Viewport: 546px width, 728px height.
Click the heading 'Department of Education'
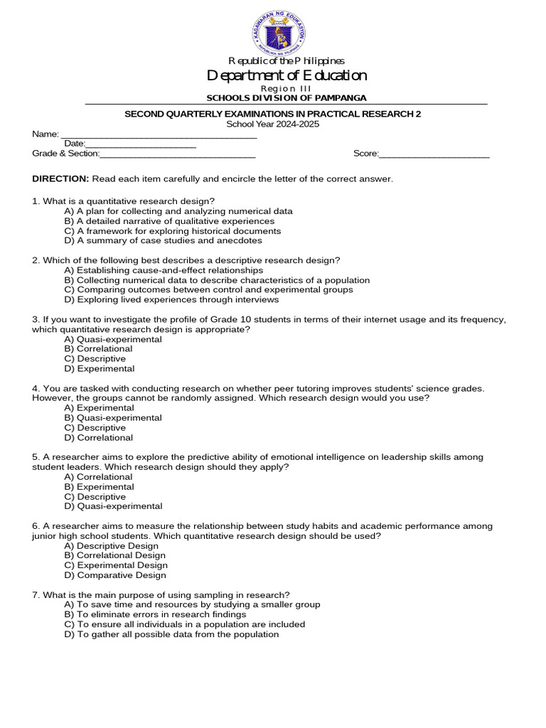pyautogui.click(x=287, y=75)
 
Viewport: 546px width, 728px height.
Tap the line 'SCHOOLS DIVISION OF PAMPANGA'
pyautogui.click(x=287, y=98)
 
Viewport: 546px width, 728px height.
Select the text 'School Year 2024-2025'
pyautogui.click(x=273, y=124)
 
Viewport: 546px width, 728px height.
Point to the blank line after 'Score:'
pyautogui.click(x=434, y=154)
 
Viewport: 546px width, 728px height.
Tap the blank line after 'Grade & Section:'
pyautogui.click(x=178, y=154)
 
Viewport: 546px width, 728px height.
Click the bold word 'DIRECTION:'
pyautogui.click(x=60, y=178)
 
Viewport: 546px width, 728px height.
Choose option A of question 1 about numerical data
pyautogui.click(x=178, y=211)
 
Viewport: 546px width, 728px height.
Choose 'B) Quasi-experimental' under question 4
pyautogui.click(x=113, y=418)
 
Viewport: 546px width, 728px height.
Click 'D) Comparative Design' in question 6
pyautogui.click(x=115, y=575)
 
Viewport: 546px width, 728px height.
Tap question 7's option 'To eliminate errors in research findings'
pyautogui.click(x=155, y=614)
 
